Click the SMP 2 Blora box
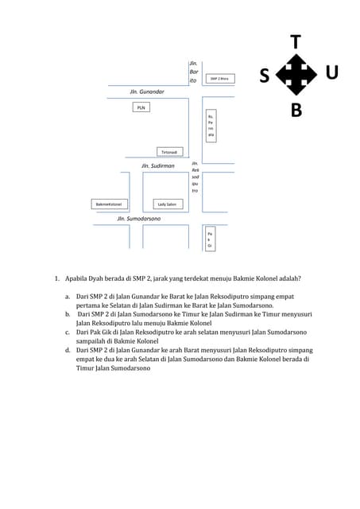click(x=218, y=79)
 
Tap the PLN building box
click(x=141, y=107)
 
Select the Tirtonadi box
click(x=170, y=151)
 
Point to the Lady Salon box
click(x=167, y=204)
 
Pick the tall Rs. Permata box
click(x=211, y=126)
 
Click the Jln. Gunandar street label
click(x=147, y=92)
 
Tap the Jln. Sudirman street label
click(x=157, y=166)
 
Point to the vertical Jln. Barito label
click(x=192, y=72)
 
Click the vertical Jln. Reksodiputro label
click(x=195, y=177)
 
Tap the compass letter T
click(x=296, y=42)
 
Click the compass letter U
click(x=331, y=72)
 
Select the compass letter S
click(x=264, y=76)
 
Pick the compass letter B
click(x=296, y=111)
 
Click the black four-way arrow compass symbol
click(x=296, y=76)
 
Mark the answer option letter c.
click(x=68, y=332)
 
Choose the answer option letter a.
click(x=68, y=295)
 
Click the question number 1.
click(x=56, y=278)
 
